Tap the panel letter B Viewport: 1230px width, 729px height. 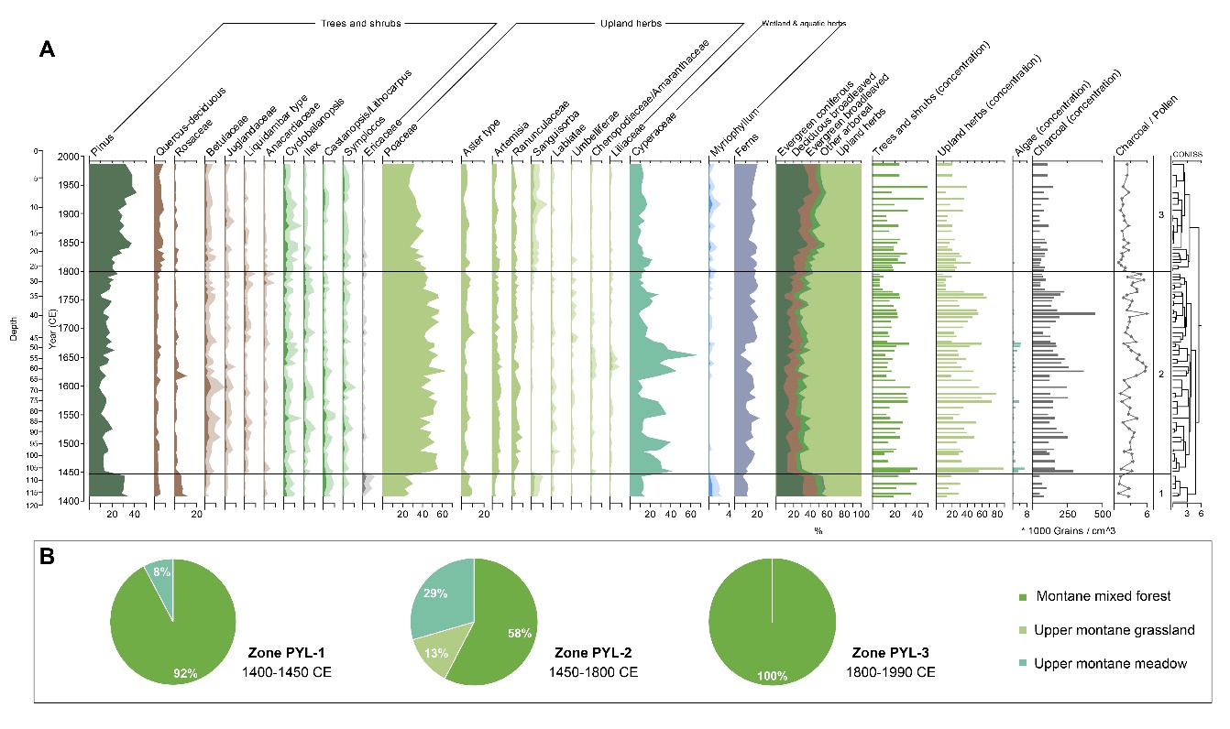[x=51, y=555]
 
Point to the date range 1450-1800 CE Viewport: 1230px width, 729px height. [x=599, y=672]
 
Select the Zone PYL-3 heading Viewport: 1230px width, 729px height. [x=893, y=654]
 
